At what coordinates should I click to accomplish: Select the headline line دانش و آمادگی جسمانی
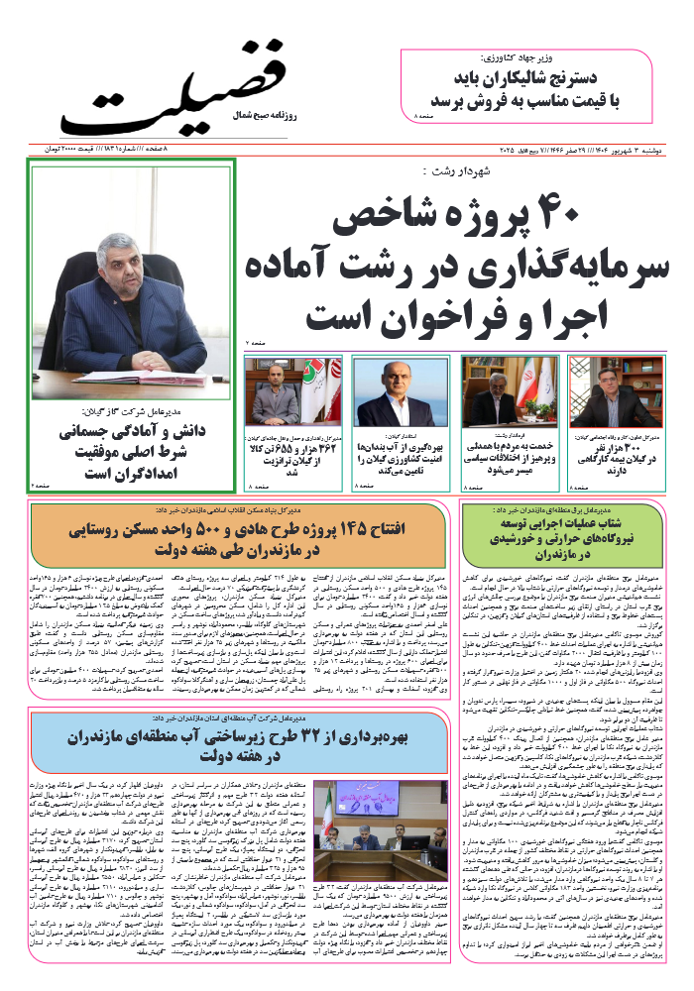(x=135, y=433)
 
